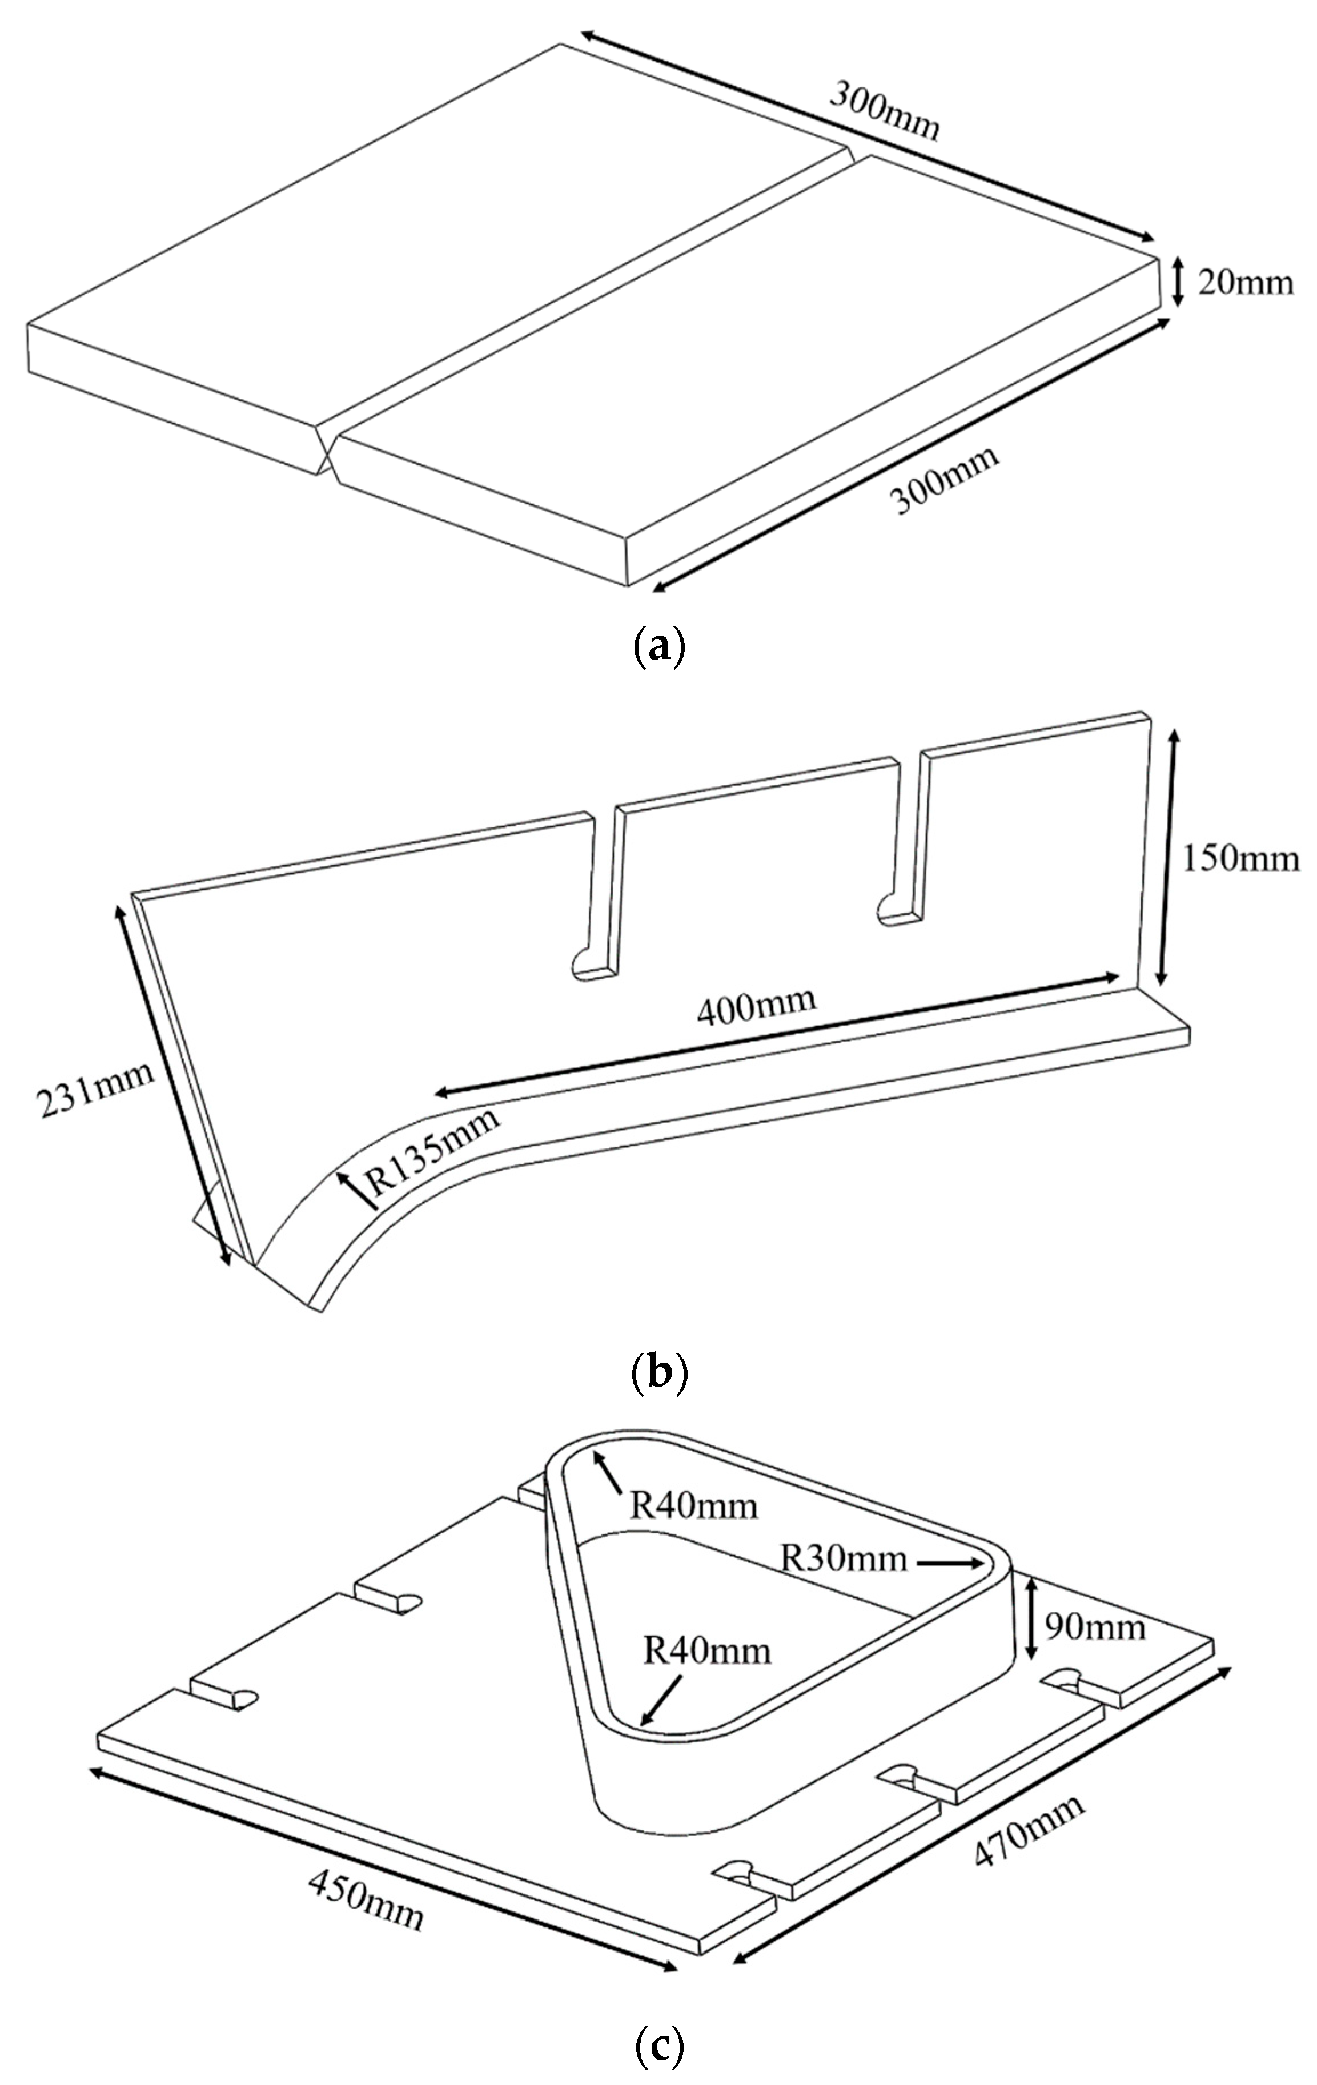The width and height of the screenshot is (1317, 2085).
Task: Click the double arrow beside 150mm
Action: [x=1167, y=857]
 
